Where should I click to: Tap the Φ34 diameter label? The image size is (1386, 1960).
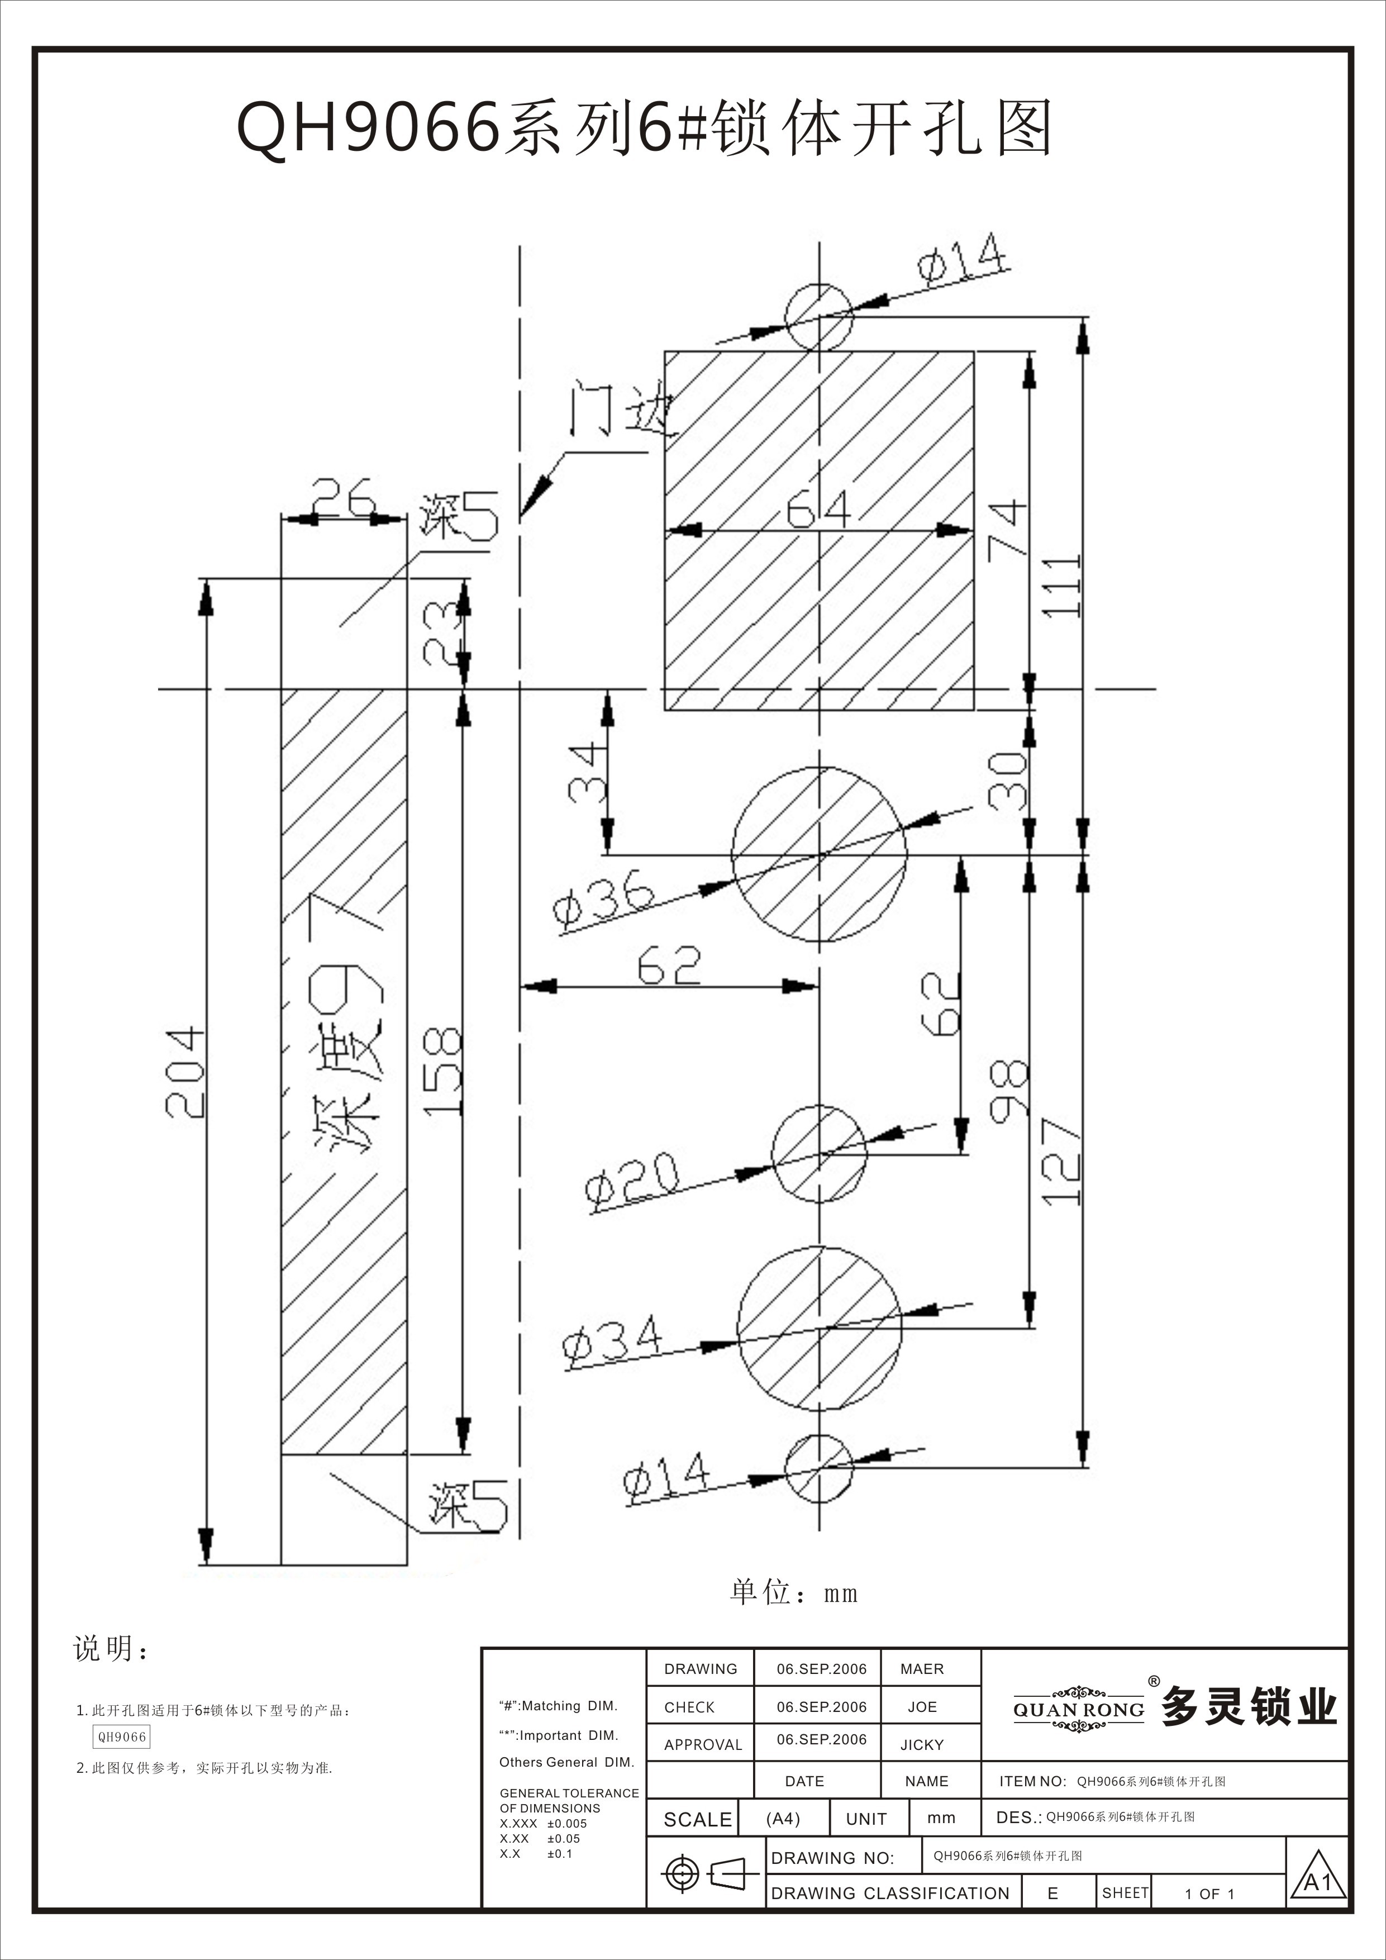coord(611,1341)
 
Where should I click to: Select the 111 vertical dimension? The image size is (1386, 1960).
coord(1061,587)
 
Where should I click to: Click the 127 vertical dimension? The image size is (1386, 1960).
coord(1061,1162)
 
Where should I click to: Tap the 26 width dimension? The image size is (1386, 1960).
coord(342,498)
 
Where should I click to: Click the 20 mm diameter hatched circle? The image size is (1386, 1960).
coord(820,1154)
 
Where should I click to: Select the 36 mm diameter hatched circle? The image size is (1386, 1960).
coord(820,854)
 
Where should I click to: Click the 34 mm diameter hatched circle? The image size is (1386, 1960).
coord(820,1328)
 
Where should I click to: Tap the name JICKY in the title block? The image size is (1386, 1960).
coord(922,1745)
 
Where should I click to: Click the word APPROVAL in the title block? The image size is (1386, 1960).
coord(702,1745)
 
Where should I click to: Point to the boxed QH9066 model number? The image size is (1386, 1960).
coord(122,1737)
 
